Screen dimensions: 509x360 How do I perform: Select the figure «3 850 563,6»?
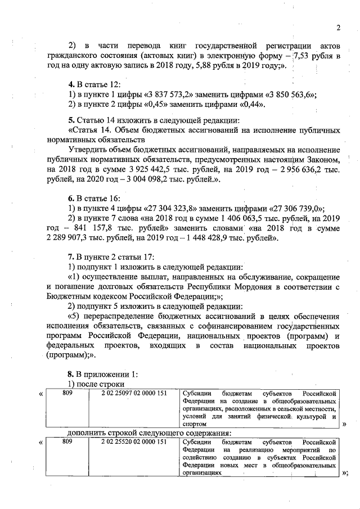(291, 94)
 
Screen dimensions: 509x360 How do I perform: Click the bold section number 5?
(70, 120)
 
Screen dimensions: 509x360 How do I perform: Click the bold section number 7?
(70, 258)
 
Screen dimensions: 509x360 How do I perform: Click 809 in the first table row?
(67, 393)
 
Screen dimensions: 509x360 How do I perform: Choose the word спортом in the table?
(196, 425)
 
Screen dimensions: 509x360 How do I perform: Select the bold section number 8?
(70, 373)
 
